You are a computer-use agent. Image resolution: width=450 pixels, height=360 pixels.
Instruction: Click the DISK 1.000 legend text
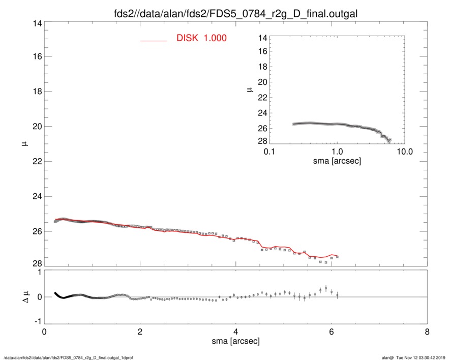point(201,38)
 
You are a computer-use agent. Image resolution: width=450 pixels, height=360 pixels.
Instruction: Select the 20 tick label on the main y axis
point(37,126)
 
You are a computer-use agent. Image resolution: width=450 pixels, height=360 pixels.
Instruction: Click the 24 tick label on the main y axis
point(37,196)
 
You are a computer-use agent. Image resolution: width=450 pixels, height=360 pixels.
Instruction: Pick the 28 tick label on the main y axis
point(37,263)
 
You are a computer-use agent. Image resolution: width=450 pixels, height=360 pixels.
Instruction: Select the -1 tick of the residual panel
point(36,321)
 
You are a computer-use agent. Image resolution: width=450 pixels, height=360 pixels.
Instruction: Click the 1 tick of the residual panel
point(37,273)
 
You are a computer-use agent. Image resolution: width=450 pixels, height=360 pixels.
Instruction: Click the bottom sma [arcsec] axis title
point(235,341)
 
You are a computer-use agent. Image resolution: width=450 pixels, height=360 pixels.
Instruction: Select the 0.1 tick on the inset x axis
point(269,151)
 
